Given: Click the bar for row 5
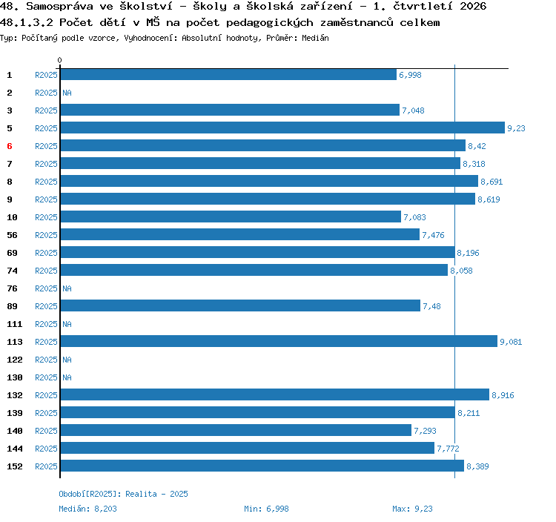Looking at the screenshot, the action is tap(282, 128).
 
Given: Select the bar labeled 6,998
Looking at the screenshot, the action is tap(228, 74).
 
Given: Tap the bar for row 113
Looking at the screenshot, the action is tap(279, 341).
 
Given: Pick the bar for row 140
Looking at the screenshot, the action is tap(236, 430).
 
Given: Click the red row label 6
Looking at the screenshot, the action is tap(10, 146).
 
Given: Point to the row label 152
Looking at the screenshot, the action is tap(15, 466).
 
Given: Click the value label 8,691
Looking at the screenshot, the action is tap(492, 182).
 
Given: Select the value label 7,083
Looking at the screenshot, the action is tap(414, 217).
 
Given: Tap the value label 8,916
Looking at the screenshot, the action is tap(503, 395).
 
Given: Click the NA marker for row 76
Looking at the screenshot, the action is tap(67, 288).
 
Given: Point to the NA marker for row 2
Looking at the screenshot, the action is tap(67, 93).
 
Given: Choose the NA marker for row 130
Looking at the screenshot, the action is tap(67, 377).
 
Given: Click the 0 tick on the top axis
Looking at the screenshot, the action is tap(59, 60).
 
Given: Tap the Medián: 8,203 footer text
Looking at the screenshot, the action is tap(87, 509).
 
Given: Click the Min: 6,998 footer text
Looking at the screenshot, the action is tap(266, 509).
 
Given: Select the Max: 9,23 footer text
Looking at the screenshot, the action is tap(412, 509).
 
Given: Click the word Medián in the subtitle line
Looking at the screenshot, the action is tap(315, 38).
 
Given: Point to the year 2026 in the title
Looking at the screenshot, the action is tap(473, 6).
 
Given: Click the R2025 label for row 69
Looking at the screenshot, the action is tap(46, 253).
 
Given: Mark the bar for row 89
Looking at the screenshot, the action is tap(240, 305).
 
